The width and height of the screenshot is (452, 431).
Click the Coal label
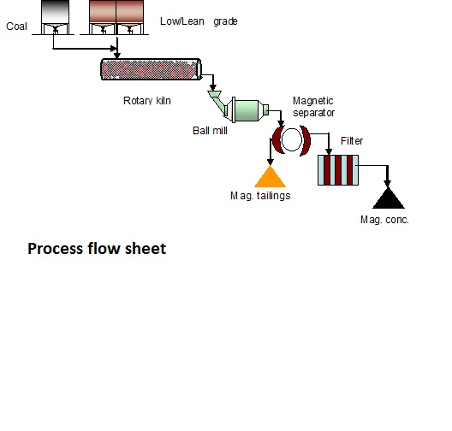click(17, 27)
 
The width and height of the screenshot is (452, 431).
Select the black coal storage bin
click(55, 17)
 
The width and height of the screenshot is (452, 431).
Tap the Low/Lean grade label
click(199, 21)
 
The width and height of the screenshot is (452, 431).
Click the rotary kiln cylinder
click(151, 69)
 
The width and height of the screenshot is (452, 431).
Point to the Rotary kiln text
click(147, 101)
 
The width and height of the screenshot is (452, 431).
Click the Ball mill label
click(210, 131)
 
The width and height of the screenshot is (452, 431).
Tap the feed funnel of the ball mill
click(217, 103)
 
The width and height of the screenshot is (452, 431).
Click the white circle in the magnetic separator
click(291, 139)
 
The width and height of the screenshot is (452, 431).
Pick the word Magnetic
click(313, 101)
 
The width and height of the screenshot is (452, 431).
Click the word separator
click(313, 113)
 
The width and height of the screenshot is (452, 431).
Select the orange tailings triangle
click(271, 177)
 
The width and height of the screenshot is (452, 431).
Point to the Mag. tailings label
click(260, 196)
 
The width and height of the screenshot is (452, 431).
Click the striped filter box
click(338, 170)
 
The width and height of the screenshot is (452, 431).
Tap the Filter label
click(352, 141)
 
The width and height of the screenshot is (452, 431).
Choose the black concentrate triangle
click(389, 198)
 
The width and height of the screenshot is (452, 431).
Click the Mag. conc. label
click(384, 220)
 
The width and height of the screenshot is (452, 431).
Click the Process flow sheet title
click(97, 249)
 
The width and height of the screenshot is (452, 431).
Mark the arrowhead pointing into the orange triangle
click(271, 162)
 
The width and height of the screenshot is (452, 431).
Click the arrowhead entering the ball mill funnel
click(213, 87)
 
